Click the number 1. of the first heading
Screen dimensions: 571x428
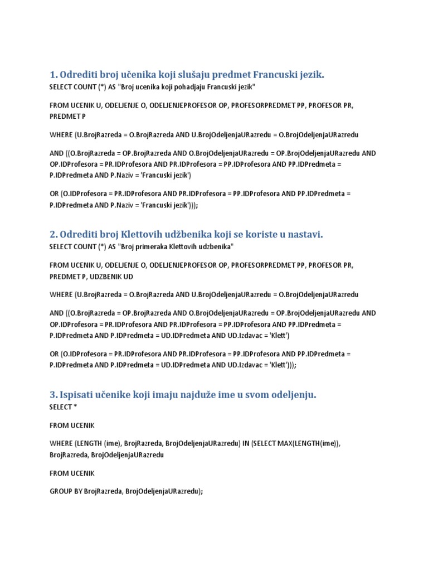pyautogui.click(x=53, y=75)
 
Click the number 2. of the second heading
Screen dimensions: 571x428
pyautogui.click(x=53, y=235)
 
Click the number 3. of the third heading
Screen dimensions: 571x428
pyautogui.click(x=53, y=395)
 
